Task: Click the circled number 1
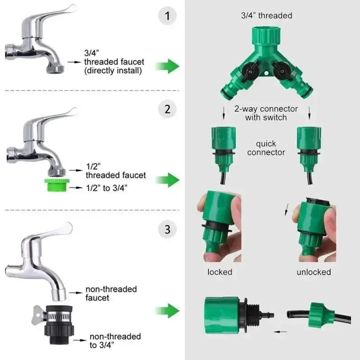click(167, 16)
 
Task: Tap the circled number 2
click(167, 109)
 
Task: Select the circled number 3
click(167, 229)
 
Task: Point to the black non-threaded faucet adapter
click(59, 324)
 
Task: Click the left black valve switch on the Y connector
click(249, 71)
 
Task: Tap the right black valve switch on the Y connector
click(281, 71)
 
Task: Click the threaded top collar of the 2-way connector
click(266, 36)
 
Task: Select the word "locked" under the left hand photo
click(219, 272)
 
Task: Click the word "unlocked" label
click(313, 272)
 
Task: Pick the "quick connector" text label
click(266, 148)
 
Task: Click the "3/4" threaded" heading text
click(266, 15)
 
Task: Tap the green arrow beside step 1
click(167, 66)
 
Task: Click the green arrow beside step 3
click(167, 310)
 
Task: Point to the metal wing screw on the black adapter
click(38, 315)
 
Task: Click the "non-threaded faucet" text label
click(111, 293)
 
